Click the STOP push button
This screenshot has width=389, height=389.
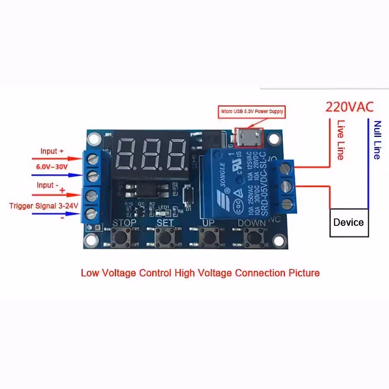tap(121, 237)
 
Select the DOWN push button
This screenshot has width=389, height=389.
tap(253, 237)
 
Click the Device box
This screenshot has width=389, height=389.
tap(349, 223)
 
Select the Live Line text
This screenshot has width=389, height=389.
tap(341, 140)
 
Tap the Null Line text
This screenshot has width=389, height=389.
tap(377, 140)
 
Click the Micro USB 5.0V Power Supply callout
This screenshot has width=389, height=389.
tap(252, 112)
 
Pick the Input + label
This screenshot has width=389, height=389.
tap(52, 151)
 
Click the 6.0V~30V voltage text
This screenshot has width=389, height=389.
tap(52, 167)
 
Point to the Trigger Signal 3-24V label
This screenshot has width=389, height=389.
tap(43, 206)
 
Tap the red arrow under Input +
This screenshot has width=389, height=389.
tap(57, 159)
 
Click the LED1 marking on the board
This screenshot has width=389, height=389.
tap(164, 207)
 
